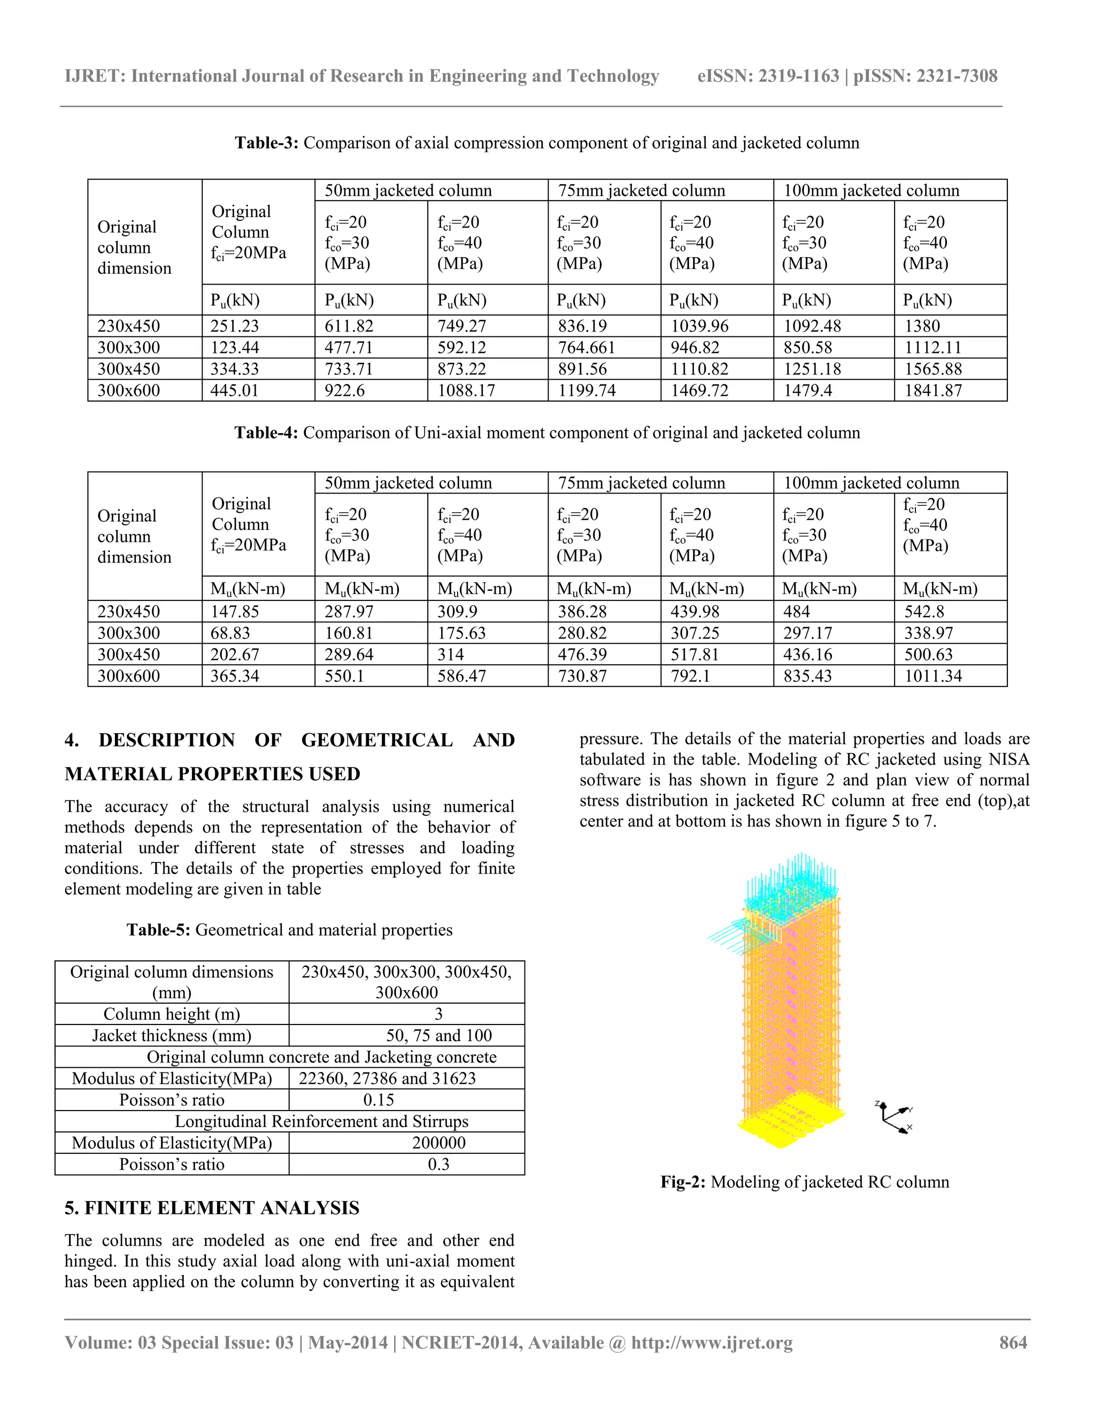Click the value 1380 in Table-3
(922, 326)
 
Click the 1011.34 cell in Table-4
(933, 676)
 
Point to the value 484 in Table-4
(797, 612)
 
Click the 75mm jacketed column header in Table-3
(641, 191)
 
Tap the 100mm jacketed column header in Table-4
(870, 483)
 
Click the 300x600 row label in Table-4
(128, 676)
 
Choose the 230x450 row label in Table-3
(128, 326)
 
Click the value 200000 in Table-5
(438, 1143)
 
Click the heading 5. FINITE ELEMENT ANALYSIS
(212, 1207)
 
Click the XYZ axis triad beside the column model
(894, 1116)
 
